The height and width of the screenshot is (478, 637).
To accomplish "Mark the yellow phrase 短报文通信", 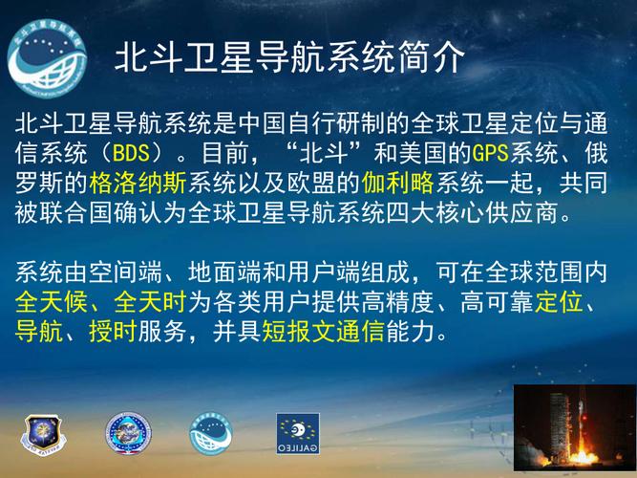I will (311, 333).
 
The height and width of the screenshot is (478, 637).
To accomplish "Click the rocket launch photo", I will (573, 429).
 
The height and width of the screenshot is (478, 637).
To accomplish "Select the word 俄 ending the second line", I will (596, 153).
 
